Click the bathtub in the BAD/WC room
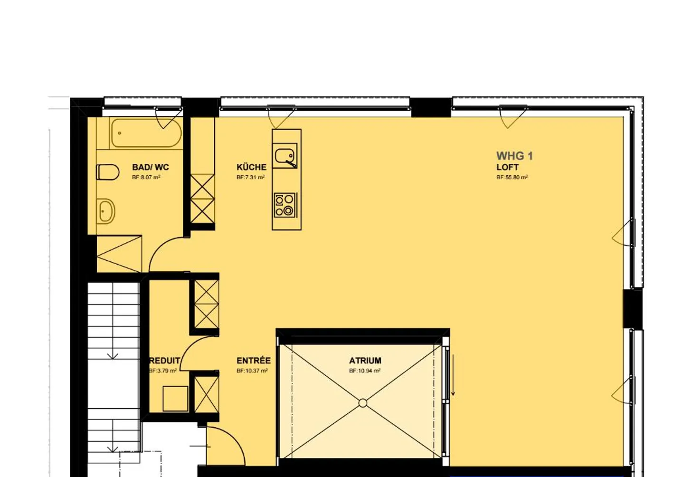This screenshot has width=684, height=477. pyautogui.click(x=146, y=133)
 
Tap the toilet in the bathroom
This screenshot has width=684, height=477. pyautogui.click(x=108, y=172)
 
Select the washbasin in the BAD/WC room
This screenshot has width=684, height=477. pyautogui.click(x=106, y=211)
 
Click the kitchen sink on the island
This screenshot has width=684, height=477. pyautogui.click(x=285, y=155)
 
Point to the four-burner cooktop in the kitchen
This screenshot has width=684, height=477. pyautogui.click(x=285, y=205)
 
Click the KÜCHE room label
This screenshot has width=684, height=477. pyautogui.click(x=251, y=167)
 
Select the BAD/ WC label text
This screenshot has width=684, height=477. pyautogui.click(x=150, y=167)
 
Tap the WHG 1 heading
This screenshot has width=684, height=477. pyautogui.click(x=514, y=156)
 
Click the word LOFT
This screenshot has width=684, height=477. pyautogui.click(x=507, y=167)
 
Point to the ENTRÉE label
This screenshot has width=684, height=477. pyautogui.click(x=253, y=361)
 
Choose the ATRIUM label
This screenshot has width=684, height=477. pyautogui.click(x=365, y=361)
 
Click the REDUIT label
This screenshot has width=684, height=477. pyautogui.click(x=164, y=361)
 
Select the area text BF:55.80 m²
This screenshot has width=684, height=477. pyautogui.click(x=512, y=177)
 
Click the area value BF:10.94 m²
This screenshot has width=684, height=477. pyautogui.click(x=364, y=371)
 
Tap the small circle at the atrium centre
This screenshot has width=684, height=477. pyautogui.click(x=363, y=403)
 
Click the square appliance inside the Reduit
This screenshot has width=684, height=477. pyautogui.click(x=175, y=398)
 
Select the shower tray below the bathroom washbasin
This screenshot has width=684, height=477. pyautogui.click(x=119, y=254)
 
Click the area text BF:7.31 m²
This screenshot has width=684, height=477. pyautogui.click(x=250, y=177)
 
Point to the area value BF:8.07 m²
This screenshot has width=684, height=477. pyautogui.click(x=146, y=177)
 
